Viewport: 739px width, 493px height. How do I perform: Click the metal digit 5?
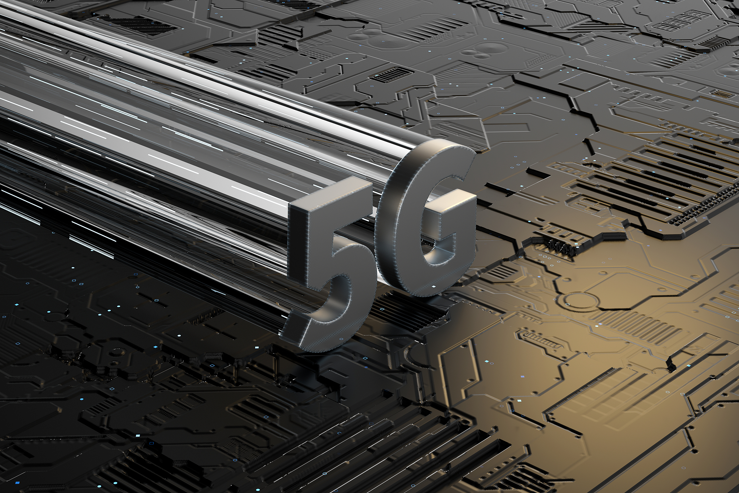(325, 267)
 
